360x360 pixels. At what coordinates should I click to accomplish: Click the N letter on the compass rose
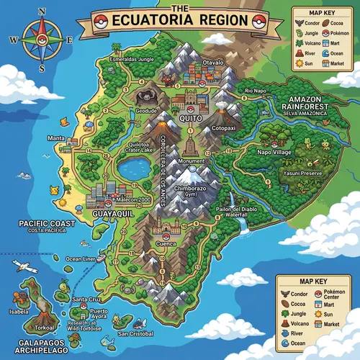42,12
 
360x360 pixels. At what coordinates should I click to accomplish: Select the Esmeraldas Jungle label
132,58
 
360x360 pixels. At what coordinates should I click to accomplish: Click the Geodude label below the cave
145,111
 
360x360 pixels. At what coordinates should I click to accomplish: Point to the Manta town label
55,138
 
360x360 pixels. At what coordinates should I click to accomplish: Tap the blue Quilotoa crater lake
133,169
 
